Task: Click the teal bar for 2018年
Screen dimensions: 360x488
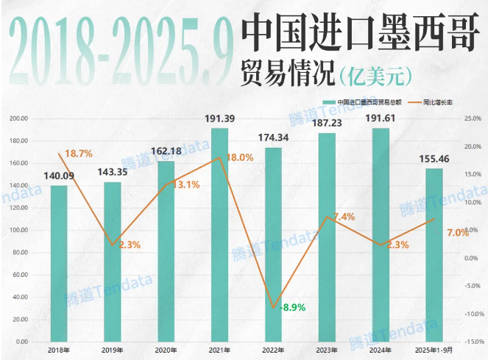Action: [x=59, y=264]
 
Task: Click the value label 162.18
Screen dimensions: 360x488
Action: [x=166, y=151]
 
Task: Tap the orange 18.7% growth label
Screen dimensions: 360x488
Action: [x=78, y=154]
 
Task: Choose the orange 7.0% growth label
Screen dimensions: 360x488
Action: [x=457, y=233]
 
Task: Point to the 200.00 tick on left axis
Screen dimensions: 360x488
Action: [x=19, y=119]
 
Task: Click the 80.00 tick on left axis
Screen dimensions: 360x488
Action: [x=21, y=253]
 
